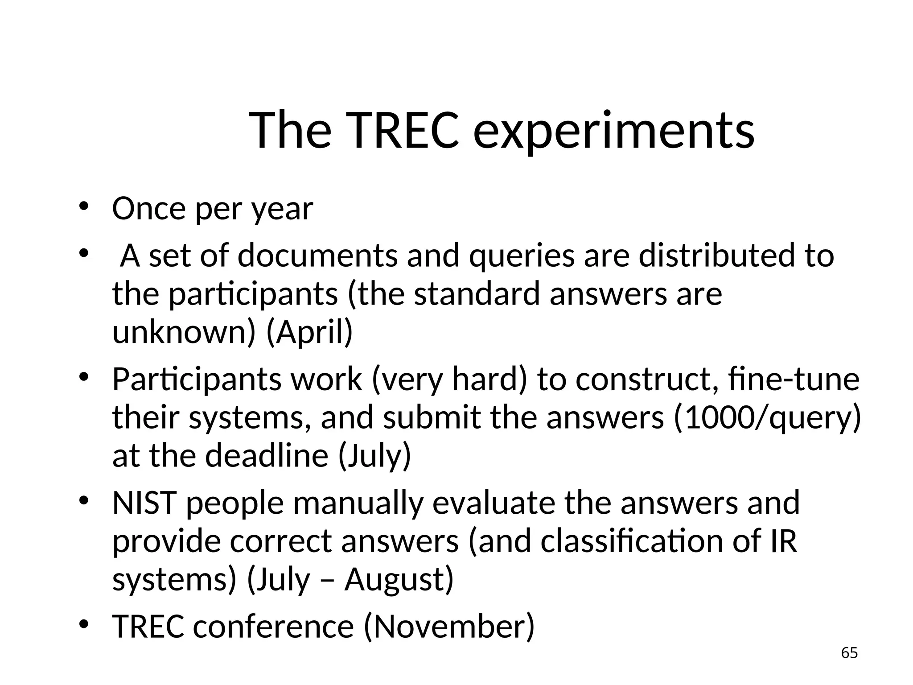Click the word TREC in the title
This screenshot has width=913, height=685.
pyautogui.click(x=399, y=131)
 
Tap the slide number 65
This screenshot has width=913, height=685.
pyautogui.click(x=849, y=653)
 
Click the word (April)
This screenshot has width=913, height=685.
pyautogui.click(x=309, y=332)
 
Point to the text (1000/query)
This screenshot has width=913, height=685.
pyautogui.click(x=767, y=417)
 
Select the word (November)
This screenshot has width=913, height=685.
pyautogui.click(x=449, y=626)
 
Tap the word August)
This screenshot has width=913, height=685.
pyautogui.click(x=399, y=579)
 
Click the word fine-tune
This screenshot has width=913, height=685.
pyautogui.click(x=793, y=379)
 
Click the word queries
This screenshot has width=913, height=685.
pyautogui.click(x=522, y=256)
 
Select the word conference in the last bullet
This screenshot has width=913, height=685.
pyautogui.click(x=273, y=626)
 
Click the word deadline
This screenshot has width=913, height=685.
pyautogui.click(x=267, y=456)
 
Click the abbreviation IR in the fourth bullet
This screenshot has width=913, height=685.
pyautogui.click(x=783, y=541)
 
